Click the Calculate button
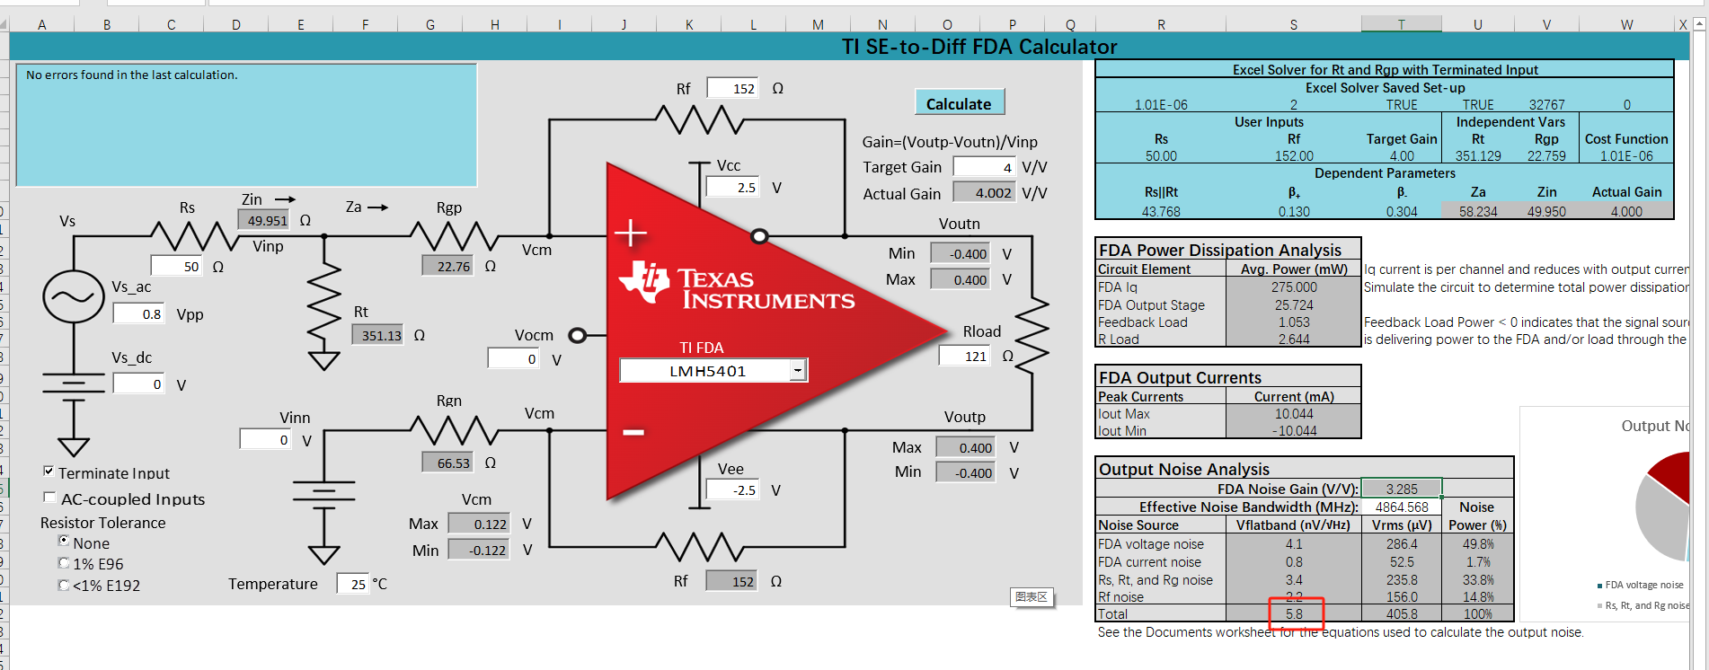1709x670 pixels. pyautogui.click(x=959, y=103)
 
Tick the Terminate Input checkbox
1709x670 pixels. pyautogui.click(x=49, y=472)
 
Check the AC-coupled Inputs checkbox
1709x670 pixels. pyautogui.click(x=49, y=498)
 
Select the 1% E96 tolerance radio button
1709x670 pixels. pyautogui.click(x=64, y=563)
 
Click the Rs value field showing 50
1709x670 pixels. pyautogui.click(x=176, y=266)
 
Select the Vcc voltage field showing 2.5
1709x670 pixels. pyautogui.click(x=733, y=188)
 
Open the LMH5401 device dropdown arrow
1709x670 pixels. pyautogui.click(x=797, y=370)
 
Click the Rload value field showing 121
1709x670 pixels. pyautogui.click(x=965, y=357)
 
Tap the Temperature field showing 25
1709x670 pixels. pyautogui.click(x=352, y=584)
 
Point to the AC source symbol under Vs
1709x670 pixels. pyautogui.click(x=74, y=296)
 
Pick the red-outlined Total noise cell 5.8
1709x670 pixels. pyautogui.click(x=1295, y=614)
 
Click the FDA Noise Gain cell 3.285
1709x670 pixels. pyautogui.click(x=1401, y=489)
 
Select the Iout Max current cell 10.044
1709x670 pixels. pyautogui.click(x=1293, y=414)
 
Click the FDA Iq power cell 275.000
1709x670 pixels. pyautogui.click(x=1293, y=287)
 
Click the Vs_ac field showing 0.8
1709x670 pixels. pyautogui.click(x=139, y=313)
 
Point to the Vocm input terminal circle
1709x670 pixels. pyautogui.click(x=578, y=336)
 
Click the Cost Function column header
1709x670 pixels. pyautogui.click(x=1625, y=139)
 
